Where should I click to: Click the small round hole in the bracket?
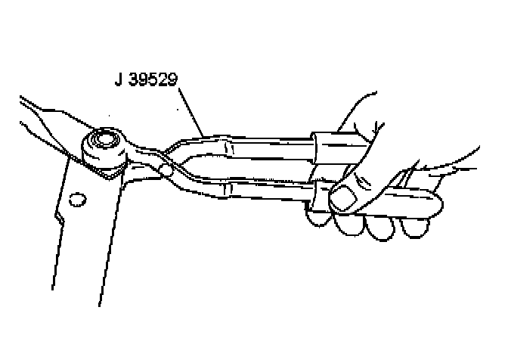(74, 200)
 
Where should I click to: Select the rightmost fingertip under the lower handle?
(415, 225)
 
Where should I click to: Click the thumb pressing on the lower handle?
(355, 193)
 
